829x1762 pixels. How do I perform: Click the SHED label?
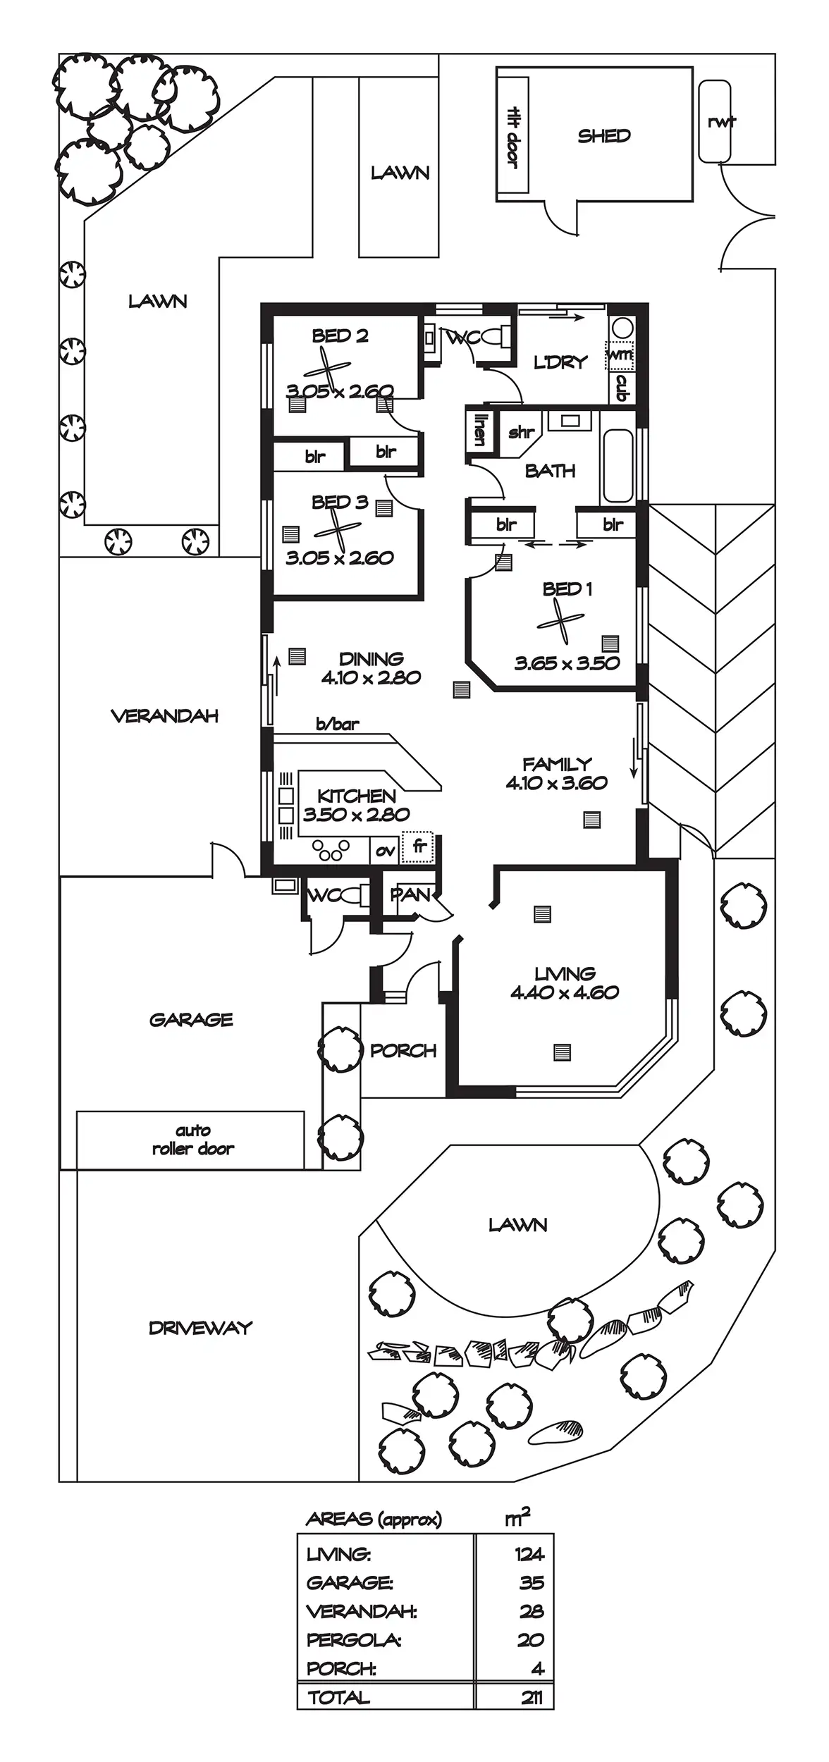click(x=603, y=136)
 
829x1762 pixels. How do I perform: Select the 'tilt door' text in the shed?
click(x=513, y=137)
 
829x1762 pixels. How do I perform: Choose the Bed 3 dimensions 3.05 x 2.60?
click(x=340, y=558)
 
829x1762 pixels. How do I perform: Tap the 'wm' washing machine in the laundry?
click(x=620, y=355)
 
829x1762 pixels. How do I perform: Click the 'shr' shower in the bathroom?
click(x=521, y=431)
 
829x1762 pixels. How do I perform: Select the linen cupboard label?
click(x=480, y=428)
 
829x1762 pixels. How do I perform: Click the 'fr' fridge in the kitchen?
click(x=419, y=846)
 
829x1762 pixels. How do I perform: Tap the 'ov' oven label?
click(x=385, y=851)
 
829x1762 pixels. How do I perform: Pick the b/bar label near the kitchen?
click(x=337, y=724)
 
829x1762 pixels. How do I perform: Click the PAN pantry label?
click(x=410, y=894)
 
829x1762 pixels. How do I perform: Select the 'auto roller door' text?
click(x=192, y=1140)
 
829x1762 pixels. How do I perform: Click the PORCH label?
click(x=403, y=1051)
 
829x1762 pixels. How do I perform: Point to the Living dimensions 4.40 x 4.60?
click(x=565, y=992)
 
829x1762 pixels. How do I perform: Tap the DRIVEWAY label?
click(x=200, y=1328)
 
